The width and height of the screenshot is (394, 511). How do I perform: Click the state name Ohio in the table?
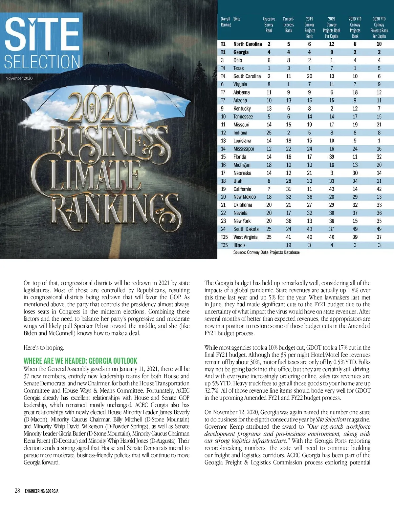(x=238, y=60)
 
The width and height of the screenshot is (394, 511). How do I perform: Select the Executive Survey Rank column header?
(x=269, y=25)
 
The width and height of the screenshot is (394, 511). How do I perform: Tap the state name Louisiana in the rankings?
(x=242, y=141)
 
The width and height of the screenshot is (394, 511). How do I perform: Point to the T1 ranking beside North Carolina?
(x=223, y=44)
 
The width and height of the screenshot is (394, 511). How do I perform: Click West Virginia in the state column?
(x=245, y=237)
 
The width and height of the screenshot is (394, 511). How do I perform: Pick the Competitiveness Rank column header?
(x=289, y=25)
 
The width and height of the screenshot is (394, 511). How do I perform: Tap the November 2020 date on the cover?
(x=19, y=78)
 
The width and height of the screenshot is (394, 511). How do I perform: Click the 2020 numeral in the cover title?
(x=100, y=108)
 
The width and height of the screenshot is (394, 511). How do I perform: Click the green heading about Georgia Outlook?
(x=80, y=361)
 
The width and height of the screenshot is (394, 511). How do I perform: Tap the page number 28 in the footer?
(x=17, y=491)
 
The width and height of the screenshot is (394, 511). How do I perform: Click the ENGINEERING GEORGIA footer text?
(x=42, y=491)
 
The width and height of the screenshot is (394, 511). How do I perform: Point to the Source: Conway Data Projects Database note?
(x=266, y=252)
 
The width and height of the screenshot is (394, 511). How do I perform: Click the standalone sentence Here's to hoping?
(x=44, y=348)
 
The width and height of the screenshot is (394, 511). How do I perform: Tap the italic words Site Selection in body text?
(x=331, y=419)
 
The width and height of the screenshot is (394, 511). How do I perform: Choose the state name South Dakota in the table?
(x=246, y=229)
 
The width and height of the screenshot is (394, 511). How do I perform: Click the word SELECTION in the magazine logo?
(x=42, y=61)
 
